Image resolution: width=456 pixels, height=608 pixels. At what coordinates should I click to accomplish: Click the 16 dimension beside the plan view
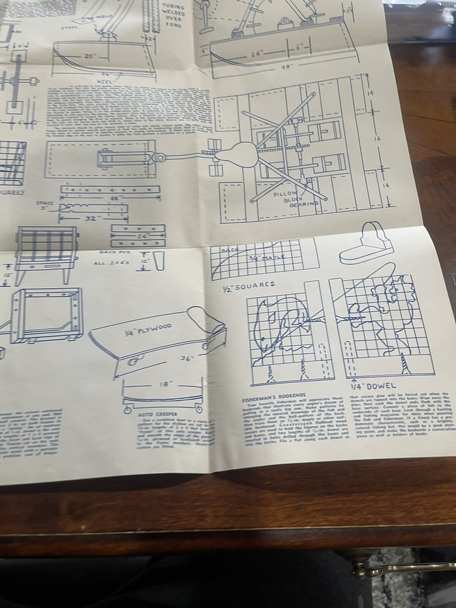[385, 139]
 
